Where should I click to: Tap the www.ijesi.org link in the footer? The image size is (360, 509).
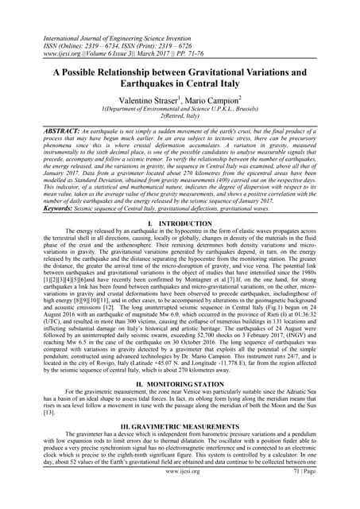[180, 492]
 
